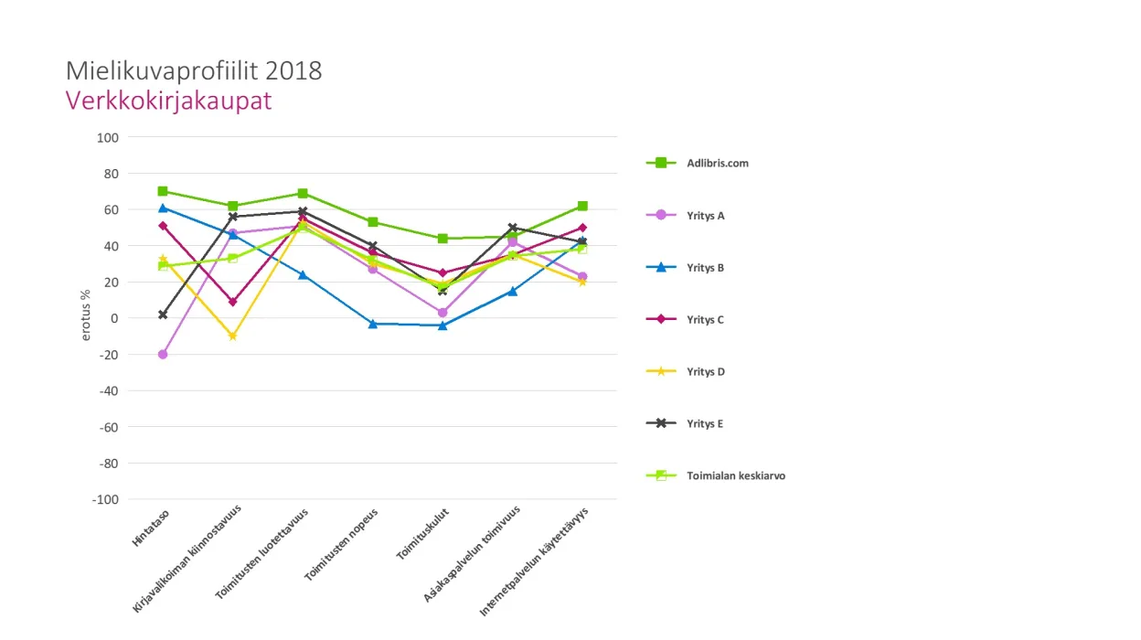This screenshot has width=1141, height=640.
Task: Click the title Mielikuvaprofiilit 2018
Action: (x=194, y=71)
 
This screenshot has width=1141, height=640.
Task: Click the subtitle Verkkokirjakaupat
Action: (x=168, y=101)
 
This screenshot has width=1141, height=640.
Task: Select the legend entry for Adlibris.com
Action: (x=718, y=164)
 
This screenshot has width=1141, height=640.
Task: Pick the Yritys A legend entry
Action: (x=705, y=216)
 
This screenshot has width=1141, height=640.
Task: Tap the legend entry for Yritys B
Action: (x=705, y=268)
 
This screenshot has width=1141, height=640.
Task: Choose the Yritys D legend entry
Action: (x=705, y=372)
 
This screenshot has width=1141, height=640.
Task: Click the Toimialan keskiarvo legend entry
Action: (x=735, y=476)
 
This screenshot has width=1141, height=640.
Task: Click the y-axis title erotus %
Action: (x=87, y=316)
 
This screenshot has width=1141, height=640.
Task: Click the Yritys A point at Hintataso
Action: (x=163, y=354)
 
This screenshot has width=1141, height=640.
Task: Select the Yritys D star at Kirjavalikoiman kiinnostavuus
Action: (x=233, y=336)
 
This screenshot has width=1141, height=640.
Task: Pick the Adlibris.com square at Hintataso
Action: (x=163, y=191)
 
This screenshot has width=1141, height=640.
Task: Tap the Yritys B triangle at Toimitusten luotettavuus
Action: (x=303, y=274)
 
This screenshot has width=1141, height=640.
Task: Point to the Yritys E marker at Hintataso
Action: (x=163, y=315)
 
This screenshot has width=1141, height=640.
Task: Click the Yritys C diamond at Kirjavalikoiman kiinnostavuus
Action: (x=233, y=302)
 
